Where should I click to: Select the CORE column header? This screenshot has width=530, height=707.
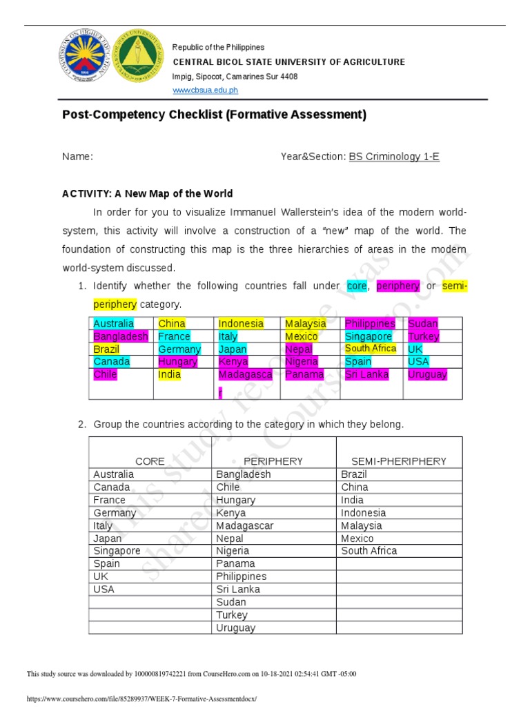coord(150,461)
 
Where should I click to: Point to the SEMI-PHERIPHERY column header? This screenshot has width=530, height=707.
coord(399,461)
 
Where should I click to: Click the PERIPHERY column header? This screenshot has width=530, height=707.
coord(273,461)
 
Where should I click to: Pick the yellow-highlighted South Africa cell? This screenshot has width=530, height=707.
coord(371,349)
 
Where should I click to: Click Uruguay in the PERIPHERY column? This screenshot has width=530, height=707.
coord(235,628)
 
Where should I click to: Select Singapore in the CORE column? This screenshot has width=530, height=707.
coord(117,551)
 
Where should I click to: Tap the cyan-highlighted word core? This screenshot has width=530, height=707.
coord(357,286)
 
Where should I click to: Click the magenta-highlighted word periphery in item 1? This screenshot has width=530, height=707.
coord(398,286)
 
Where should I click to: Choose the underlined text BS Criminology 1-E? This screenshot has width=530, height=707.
coord(394,157)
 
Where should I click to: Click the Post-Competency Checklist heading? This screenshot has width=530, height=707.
coord(214,115)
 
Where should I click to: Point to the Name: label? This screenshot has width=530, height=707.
coord(77,157)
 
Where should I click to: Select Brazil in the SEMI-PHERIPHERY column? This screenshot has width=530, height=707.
coord(354,474)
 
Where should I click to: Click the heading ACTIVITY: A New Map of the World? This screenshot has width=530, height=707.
coord(148,193)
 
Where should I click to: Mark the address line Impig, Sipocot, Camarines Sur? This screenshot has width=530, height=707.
coord(235,77)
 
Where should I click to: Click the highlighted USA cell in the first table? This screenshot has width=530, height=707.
coord(418,362)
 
